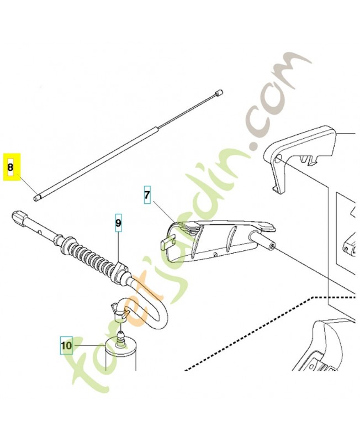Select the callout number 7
tap(147, 196)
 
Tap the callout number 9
tap(118, 223)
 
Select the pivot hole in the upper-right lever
tap(279, 161)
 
